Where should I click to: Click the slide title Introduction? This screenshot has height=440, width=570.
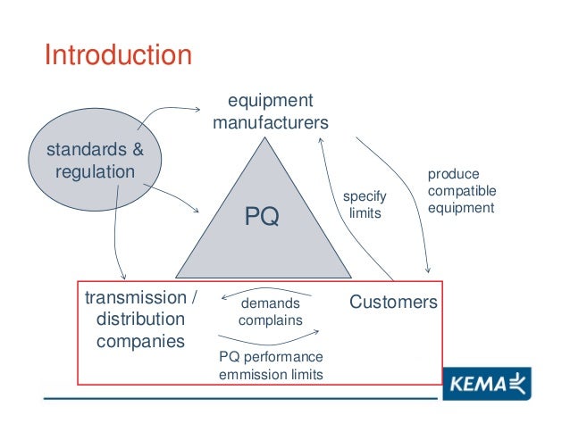click(x=118, y=55)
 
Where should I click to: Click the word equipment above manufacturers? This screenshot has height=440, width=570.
click(x=270, y=100)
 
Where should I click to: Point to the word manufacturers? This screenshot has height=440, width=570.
click(x=270, y=121)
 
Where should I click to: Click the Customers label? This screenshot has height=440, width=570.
click(x=393, y=302)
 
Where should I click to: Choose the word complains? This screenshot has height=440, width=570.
click(x=270, y=320)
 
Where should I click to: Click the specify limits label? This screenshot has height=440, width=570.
click(x=364, y=205)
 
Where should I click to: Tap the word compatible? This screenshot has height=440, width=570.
click(x=462, y=191)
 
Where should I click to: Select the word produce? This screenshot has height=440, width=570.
click(x=453, y=174)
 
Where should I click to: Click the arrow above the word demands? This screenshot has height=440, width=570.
click(x=266, y=291)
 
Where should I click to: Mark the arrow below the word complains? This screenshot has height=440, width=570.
click(x=268, y=336)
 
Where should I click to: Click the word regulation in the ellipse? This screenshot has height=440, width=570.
click(x=95, y=170)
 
